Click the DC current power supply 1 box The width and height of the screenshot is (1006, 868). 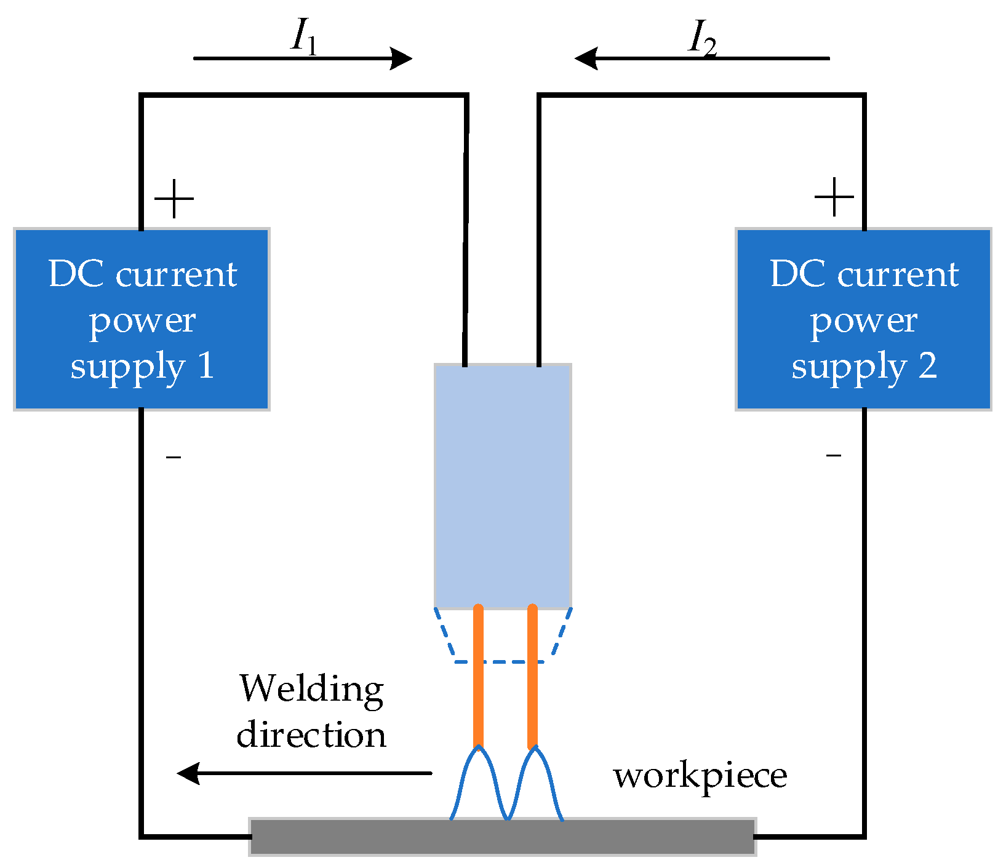142,319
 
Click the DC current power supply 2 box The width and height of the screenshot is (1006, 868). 864,319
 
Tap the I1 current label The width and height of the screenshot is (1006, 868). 304,37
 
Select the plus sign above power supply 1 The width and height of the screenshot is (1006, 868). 174,199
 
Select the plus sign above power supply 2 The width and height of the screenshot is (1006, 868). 834,197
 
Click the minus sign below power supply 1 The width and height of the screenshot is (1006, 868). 174,456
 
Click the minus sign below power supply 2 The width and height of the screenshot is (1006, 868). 834,455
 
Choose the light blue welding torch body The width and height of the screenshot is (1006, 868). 503,486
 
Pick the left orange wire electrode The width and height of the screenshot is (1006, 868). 478,677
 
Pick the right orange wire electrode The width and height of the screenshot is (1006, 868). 532,677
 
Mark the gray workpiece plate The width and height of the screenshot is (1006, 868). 502,837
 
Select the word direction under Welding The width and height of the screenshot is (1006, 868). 311,735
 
